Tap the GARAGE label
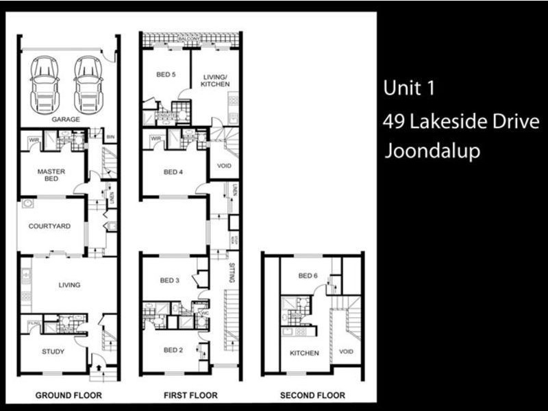(66, 119)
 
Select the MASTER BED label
(51, 175)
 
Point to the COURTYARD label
(49, 226)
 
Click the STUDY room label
(53, 352)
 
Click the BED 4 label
(173, 172)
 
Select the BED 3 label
(169, 280)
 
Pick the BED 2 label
(173, 349)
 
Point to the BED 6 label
(308, 276)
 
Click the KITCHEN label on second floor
(304, 353)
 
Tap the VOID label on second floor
(347, 353)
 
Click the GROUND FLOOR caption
(68, 395)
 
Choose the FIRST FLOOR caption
(190, 395)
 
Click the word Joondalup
(432, 151)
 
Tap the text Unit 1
(409, 88)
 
